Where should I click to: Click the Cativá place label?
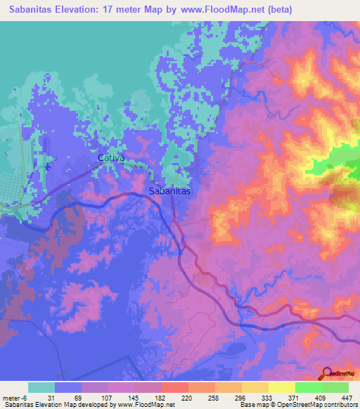point(110,158)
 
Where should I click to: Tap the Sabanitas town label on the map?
point(170,190)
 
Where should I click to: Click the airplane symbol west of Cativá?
point(48,167)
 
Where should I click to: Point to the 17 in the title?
point(108,10)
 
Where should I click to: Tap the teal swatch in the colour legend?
point(41,387)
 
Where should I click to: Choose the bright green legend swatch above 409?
point(308,387)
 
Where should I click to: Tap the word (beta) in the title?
point(276,10)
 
